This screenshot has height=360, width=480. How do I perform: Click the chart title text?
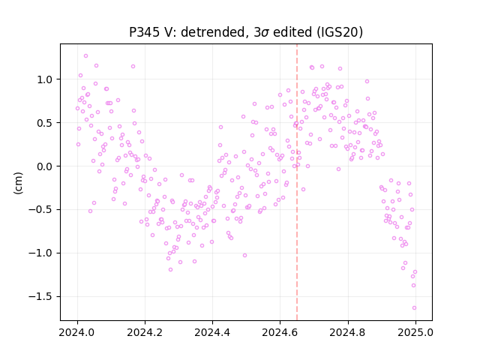246,32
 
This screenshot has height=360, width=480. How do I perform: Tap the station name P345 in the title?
144,32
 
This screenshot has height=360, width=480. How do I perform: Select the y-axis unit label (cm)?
18,183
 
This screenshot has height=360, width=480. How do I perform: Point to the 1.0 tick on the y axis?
45,79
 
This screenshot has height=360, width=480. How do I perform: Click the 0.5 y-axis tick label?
45,123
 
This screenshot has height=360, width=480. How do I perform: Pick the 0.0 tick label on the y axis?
45,166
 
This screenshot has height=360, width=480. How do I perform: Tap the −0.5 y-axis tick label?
41,210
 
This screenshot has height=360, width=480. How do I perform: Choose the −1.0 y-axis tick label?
41,253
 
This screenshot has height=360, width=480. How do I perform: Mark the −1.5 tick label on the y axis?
41,297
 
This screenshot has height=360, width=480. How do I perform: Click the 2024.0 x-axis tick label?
77,332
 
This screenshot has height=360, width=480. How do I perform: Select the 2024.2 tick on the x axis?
145,332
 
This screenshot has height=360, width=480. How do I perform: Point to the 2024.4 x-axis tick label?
212,332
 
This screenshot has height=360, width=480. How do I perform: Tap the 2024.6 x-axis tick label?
280,332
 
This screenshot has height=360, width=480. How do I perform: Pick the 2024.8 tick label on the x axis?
347,332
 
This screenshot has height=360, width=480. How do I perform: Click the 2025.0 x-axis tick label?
415,332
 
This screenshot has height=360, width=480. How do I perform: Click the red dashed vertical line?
297,182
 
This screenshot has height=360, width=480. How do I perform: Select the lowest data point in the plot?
414,308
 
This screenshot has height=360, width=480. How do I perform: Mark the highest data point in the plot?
85,56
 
